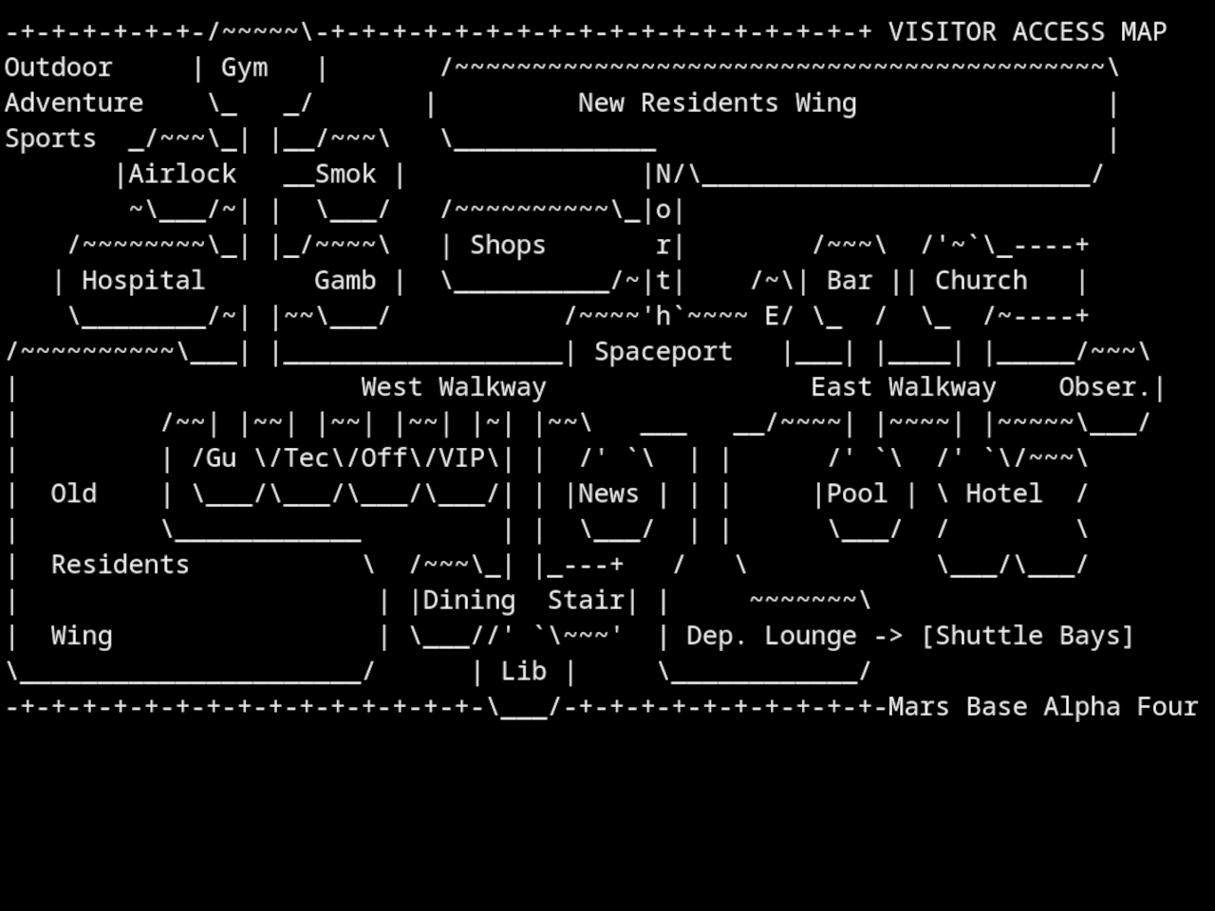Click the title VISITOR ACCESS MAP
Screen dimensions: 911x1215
pos(1027,32)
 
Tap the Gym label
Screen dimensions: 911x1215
pos(244,67)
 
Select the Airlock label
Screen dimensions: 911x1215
pos(182,175)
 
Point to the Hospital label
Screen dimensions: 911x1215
pos(142,281)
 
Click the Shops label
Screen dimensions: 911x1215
pos(508,246)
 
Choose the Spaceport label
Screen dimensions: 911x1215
pos(663,352)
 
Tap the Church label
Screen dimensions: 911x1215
pos(981,281)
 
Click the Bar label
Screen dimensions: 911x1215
pos(849,281)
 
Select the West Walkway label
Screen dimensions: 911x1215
pos(454,387)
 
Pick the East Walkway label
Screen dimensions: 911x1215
pos(903,387)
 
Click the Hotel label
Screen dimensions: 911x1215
pos(1003,494)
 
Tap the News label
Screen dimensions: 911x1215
pos(608,494)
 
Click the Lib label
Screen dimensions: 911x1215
pos(523,672)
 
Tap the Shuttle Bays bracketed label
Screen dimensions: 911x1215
pos(1027,636)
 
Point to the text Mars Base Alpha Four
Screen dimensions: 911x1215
pos(1042,707)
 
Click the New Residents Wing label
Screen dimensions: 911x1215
pos(717,103)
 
